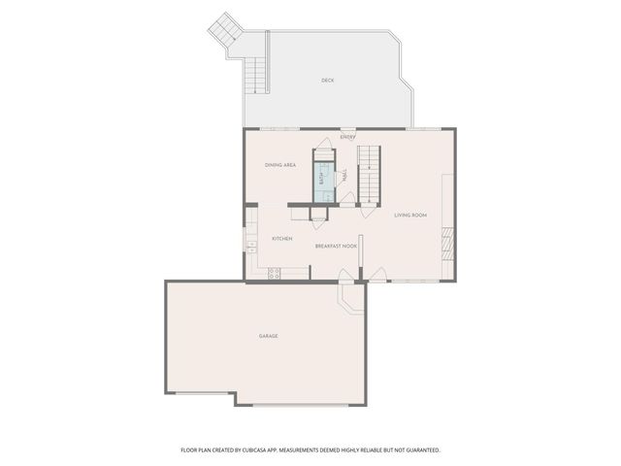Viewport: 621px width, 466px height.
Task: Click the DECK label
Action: click(x=328, y=81)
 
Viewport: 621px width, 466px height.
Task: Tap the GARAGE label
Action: click(x=268, y=336)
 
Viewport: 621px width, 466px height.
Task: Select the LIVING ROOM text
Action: click(x=410, y=215)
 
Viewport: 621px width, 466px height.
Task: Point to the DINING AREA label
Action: click(x=280, y=166)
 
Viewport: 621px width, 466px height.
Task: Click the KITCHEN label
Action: click(x=281, y=239)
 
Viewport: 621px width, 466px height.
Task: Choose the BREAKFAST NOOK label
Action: click(x=336, y=247)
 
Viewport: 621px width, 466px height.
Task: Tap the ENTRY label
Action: click(x=347, y=137)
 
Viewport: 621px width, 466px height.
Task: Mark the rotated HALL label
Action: click(x=345, y=176)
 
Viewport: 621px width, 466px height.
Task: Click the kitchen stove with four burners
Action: click(x=274, y=273)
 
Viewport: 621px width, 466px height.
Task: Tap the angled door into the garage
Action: click(x=346, y=297)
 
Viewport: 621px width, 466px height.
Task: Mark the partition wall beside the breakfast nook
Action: click(x=360, y=257)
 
